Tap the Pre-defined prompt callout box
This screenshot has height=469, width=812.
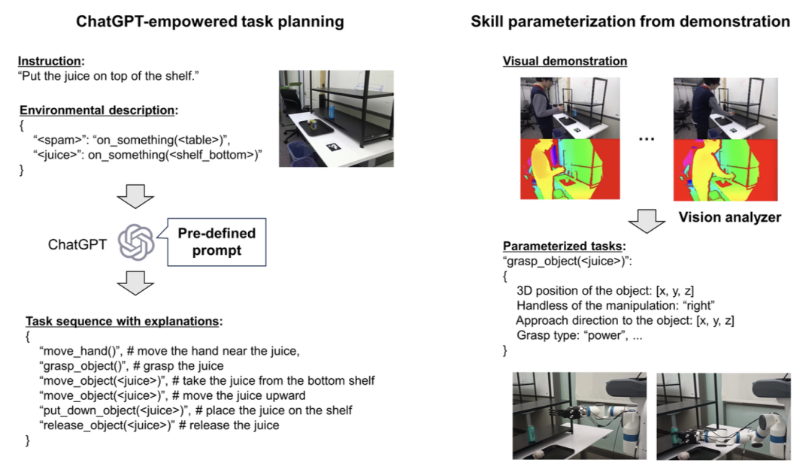point(217,241)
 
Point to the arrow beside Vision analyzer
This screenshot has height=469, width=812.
point(644,219)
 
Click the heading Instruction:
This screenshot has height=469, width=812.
point(51,61)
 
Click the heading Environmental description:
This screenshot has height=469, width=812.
point(98,110)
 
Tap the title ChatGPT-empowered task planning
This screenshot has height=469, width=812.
point(210,22)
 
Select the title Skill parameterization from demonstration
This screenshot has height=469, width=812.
point(630,22)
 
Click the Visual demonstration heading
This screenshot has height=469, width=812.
point(565,61)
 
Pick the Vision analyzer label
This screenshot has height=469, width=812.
point(729,218)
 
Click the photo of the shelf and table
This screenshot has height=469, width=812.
point(336,118)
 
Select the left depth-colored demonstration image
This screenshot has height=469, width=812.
point(570,168)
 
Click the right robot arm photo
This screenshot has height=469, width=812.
point(723,415)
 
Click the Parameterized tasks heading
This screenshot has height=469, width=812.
point(564,247)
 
